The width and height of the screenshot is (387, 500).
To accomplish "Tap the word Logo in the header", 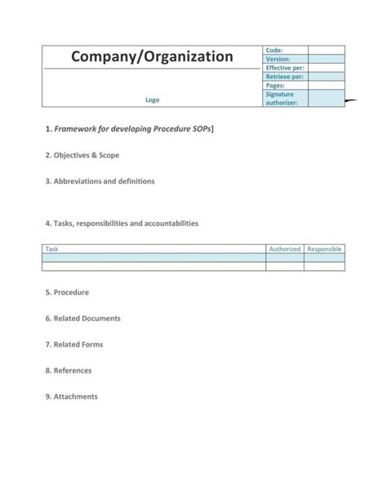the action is point(152,100).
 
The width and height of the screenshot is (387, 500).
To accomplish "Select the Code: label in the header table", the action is point(274,51).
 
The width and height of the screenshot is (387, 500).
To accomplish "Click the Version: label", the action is point(278,60).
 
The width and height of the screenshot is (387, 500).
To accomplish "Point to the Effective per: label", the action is point(285,68).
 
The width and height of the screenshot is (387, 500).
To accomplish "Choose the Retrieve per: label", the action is point(285,77).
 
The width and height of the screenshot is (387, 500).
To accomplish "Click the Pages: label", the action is point(276,86).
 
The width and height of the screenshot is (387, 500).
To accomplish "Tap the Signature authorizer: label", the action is point(282,99).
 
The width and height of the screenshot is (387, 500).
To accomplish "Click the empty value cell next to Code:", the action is point(326,51).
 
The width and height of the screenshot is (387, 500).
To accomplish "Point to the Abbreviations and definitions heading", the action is point(100,180).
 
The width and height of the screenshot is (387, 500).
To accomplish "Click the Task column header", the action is point(52,249).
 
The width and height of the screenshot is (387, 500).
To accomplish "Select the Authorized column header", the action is point(285,249).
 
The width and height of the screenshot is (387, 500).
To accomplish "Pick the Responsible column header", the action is point(324,249).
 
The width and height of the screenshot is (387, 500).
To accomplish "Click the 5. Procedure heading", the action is point(68,292).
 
